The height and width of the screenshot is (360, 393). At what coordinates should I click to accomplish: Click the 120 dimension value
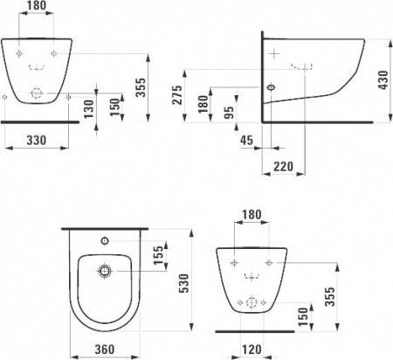252,350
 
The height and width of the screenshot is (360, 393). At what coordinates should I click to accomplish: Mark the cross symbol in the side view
277,54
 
